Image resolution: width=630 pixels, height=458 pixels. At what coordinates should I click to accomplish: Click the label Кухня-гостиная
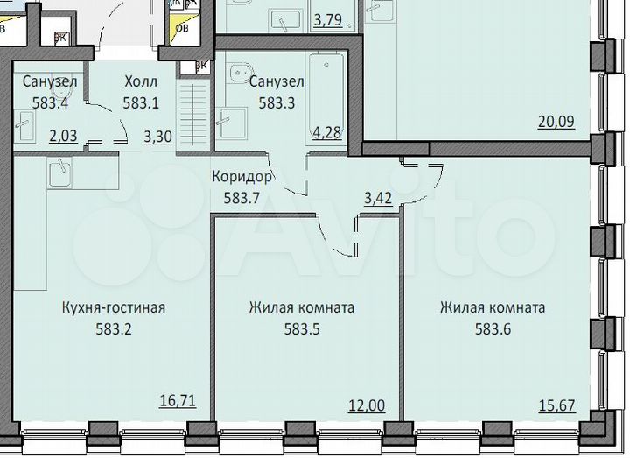point(114,307)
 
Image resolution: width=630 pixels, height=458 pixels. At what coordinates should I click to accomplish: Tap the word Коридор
point(242,176)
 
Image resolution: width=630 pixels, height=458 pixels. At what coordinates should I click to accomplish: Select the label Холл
point(140,81)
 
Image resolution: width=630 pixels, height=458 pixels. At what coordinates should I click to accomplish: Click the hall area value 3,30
point(157,136)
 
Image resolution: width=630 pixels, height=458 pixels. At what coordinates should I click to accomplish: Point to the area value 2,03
point(64,136)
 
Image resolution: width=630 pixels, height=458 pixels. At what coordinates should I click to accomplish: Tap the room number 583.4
point(49,102)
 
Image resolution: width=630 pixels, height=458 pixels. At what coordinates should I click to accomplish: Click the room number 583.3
point(276,102)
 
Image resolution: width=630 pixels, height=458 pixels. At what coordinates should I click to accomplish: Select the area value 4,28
point(327,134)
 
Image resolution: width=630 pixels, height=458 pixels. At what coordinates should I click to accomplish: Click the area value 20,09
point(556,122)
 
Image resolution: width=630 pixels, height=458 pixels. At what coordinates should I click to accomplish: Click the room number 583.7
point(242,196)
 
